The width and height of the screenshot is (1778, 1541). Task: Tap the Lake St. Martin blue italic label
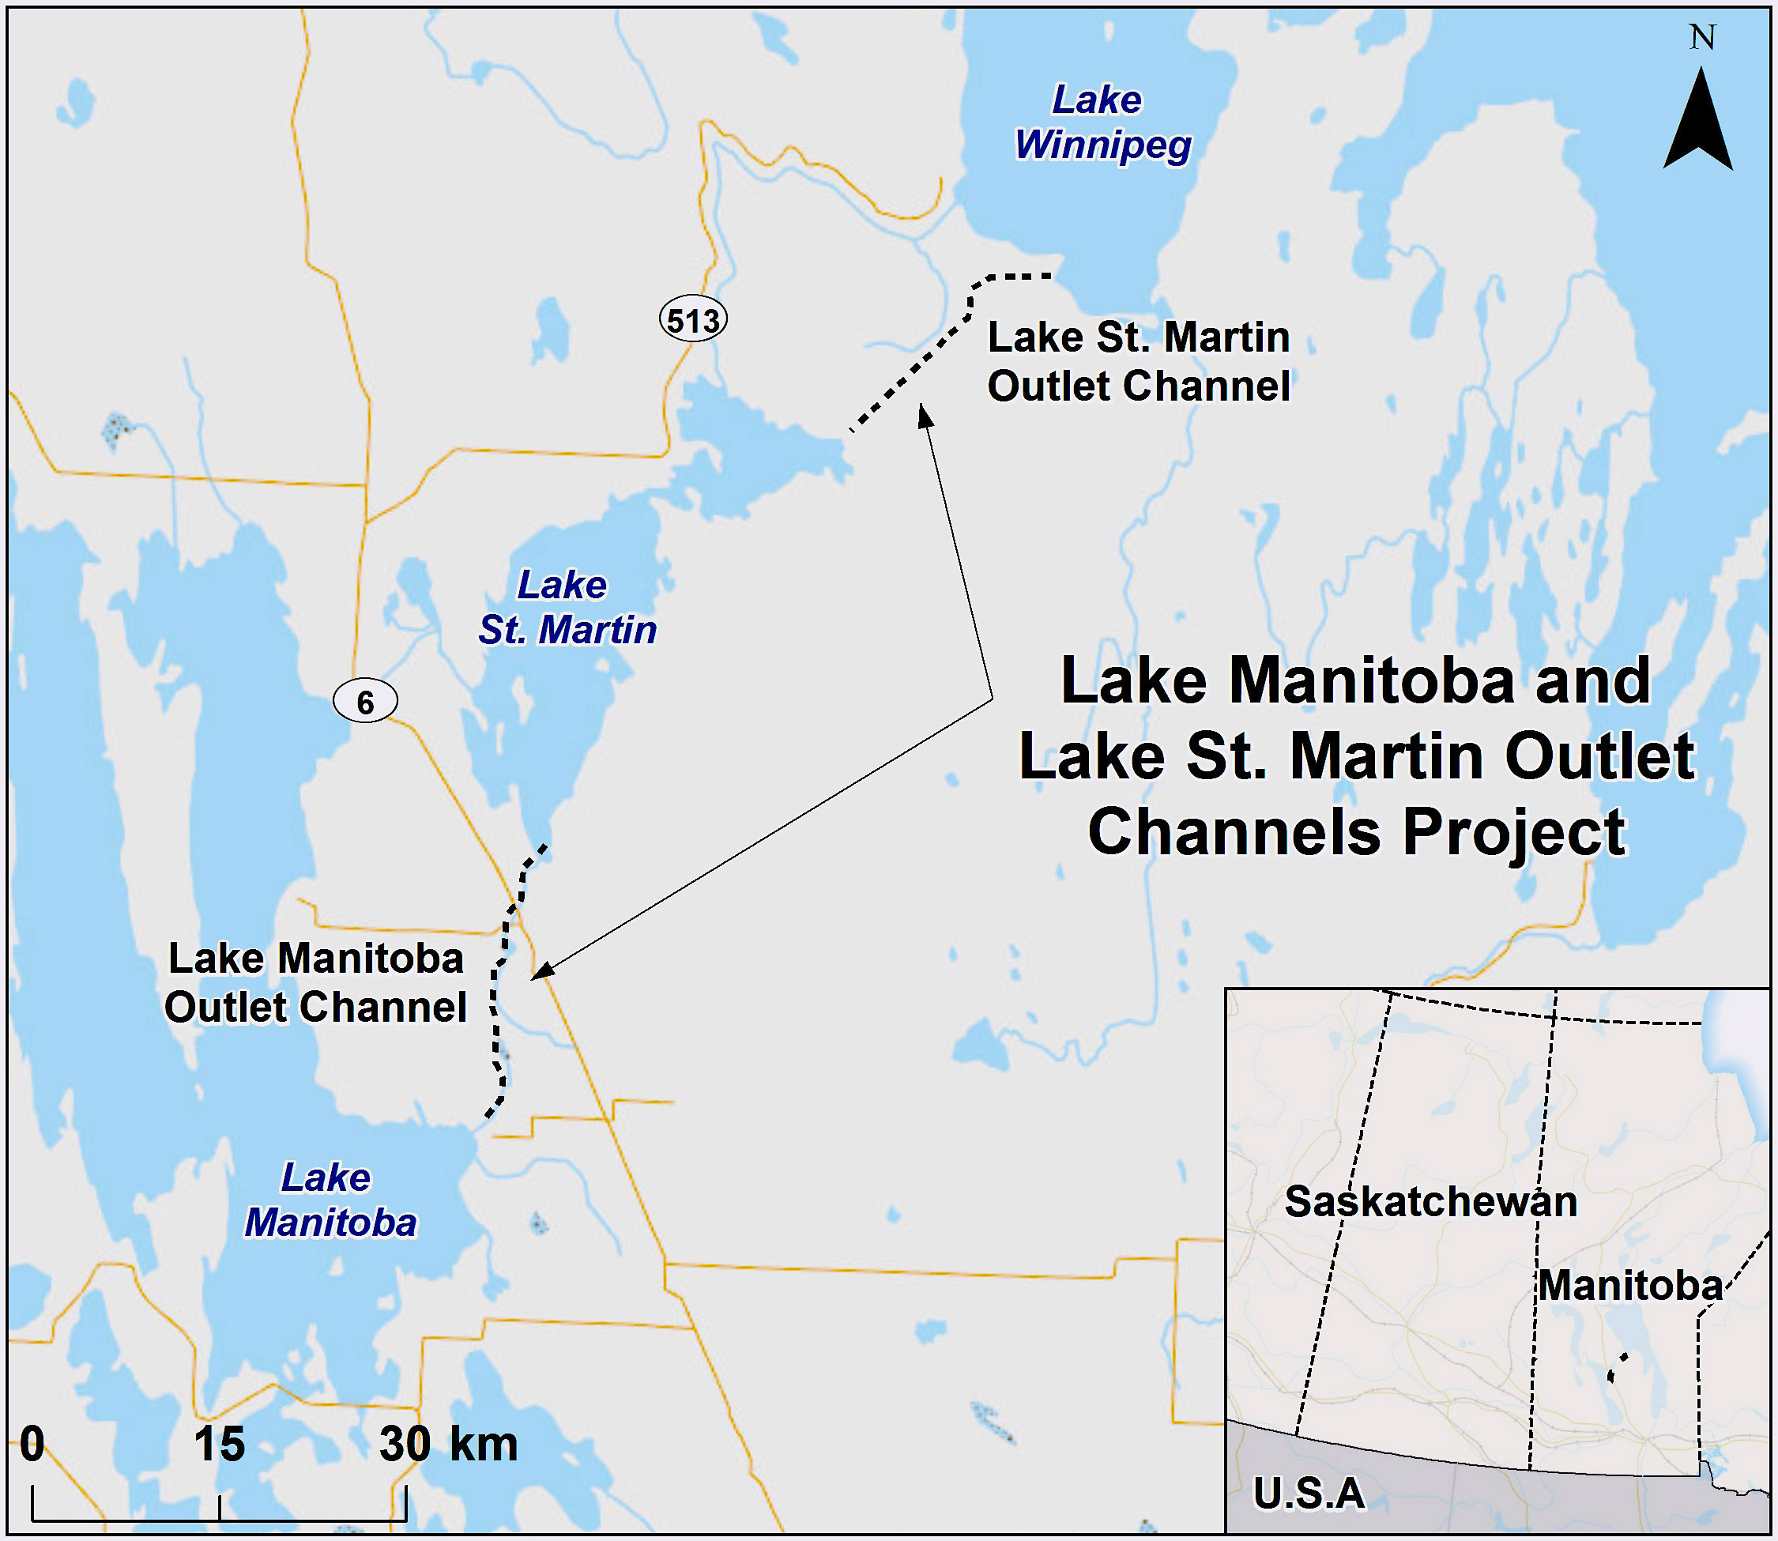tap(567, 607)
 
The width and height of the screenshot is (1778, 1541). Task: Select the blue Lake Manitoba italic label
tap(330, 1200)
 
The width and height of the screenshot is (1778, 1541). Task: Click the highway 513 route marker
tap(693, 320)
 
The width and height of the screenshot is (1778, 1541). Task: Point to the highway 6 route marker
tap(365, 701)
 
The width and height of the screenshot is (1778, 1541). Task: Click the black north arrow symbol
tap(1698, 125)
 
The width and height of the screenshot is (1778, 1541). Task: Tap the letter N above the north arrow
tap(1701, 38)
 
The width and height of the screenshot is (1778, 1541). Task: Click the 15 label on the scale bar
tap(218, 1445)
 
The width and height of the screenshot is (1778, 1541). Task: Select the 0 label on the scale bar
tap(32, 1445)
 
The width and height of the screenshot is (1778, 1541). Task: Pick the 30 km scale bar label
tap(447, 1445)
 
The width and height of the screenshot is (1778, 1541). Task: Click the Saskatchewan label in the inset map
tap(1430, 1201)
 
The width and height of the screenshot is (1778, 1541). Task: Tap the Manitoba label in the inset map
tap(1630, 1286)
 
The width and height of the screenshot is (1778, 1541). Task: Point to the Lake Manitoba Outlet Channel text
tap(315, 982)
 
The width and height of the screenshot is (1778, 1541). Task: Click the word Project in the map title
tap(1514, 832)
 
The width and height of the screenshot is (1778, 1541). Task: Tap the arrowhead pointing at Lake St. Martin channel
tap(925, 416)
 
